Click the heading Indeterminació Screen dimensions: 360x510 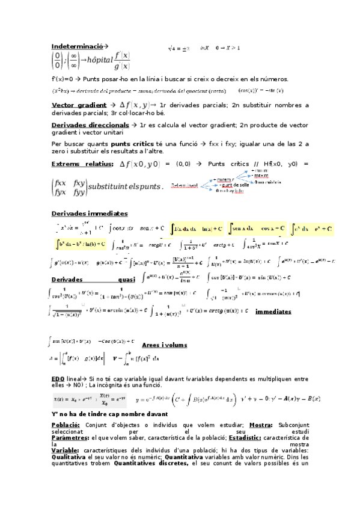[x=77, y=46]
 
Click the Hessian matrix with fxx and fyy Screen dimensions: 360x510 [x=69, y=186]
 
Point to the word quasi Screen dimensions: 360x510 [x=126, y=279]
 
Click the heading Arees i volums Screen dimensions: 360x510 [x=164, y=345]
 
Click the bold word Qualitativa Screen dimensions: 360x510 [x=72, y=457]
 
